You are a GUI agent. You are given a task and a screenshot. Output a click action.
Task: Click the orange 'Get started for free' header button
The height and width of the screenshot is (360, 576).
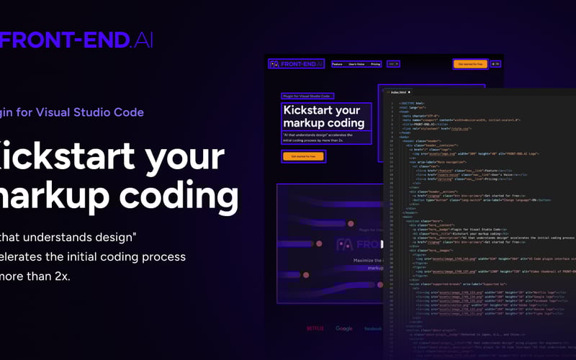(x=470, y=64)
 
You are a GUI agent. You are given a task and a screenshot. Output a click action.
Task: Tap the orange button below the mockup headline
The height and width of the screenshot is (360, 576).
(x=297, y=156)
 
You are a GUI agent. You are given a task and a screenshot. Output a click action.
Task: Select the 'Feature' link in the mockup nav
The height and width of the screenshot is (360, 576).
(x=337, y=64)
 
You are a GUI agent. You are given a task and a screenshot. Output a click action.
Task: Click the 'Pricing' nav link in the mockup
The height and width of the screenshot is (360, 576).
(x=375, y=64)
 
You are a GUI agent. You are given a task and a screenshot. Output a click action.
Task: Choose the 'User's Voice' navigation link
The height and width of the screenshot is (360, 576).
(x=356, y=64)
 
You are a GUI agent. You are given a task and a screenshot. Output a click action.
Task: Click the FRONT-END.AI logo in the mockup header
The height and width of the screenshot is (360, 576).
(x=297, y=64)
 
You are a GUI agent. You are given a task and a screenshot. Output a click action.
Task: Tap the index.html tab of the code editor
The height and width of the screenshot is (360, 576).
(x=397, y=93)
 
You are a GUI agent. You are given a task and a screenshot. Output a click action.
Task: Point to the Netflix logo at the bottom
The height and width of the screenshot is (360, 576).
(x=315, y=328)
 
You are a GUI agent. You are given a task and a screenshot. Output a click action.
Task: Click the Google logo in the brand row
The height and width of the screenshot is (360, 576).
(x=344, y=328)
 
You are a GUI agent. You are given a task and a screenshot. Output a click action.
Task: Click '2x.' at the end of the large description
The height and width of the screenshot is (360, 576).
(x=58, y=276)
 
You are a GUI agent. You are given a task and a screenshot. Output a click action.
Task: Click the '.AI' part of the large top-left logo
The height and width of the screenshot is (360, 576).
(x=143, y=40)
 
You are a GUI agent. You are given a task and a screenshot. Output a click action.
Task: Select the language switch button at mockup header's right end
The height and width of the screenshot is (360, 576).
(x=496, y=64)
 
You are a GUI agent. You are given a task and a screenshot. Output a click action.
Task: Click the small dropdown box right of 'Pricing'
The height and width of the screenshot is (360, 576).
(x=393, y=64)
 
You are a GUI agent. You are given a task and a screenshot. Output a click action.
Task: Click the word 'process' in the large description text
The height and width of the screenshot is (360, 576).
(x=161, y=256)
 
